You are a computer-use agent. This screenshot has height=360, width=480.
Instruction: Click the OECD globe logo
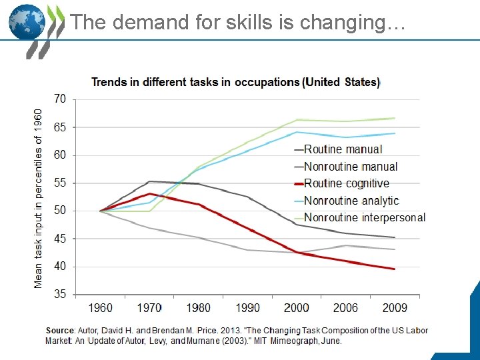pyautogui.click(x=27, y=23)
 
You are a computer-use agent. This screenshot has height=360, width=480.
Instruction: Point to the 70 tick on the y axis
pyautogui.click(x=60, y=99)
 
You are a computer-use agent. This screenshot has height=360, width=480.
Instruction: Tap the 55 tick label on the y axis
pyautogui.click(x=60, y=183)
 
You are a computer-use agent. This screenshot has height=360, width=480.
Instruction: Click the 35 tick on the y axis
pyautogui.click(x=60, y=294)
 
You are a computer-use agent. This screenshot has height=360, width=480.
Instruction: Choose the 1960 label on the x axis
pyautogui.click(x=100, y=308)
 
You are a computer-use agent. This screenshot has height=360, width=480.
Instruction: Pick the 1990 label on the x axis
pyautogui.click(x=247, y=308)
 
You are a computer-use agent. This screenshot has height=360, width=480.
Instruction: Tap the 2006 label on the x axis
pyautogui.click(x=345, y=308)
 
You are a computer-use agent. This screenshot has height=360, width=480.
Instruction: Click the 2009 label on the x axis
pyautogui.click(x=394, y=308)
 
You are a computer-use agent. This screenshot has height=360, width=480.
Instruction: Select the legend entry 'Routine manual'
pyautogui.click(x=343, y=149)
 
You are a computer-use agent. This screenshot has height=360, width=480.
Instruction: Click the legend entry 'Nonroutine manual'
pyautogui.click(x=350, y=167)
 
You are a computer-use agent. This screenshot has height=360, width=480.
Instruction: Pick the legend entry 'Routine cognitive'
pyautogui.click(x=346, y=183)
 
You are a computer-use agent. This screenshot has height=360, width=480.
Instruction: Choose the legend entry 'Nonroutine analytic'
pyautogui.click(x=351, y=201)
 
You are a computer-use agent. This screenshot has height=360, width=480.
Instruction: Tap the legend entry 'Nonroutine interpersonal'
pyautogui.click(x=364, y=217)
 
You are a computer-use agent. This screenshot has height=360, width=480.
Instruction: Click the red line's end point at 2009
pyautogui.click(x=395, y=269)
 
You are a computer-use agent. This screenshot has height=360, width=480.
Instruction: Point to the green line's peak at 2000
pyautogui.click(x=297, y=120)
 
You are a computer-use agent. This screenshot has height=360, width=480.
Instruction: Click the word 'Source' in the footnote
pyautogui.click(x=60, y=331)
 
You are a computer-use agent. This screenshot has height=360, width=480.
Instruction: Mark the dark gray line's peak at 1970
pyautogui.click(x=149, y=181)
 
